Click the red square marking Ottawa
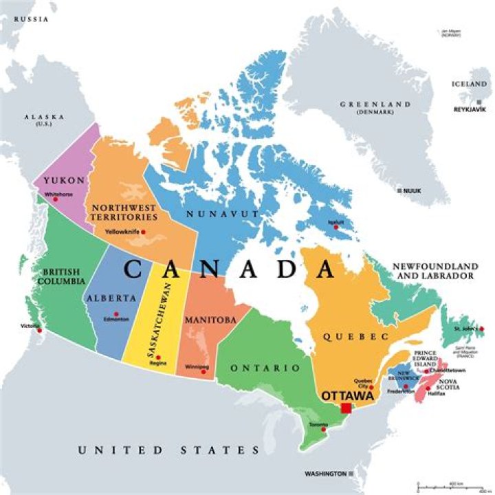point(346,408)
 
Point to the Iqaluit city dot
point(337,228)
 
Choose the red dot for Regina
point(158,357)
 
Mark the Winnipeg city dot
point(205,368)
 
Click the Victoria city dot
point(39,331)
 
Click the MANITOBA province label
point(210,320)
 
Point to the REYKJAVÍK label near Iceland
point(470,110)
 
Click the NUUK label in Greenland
point(412,190)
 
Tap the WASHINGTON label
point(326,474)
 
